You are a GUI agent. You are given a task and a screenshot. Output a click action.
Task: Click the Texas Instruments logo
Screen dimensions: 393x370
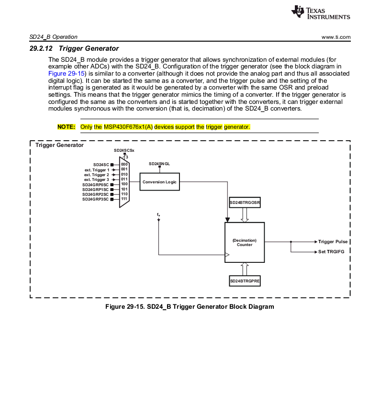320,13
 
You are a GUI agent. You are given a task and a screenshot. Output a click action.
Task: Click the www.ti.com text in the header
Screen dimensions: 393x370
336,37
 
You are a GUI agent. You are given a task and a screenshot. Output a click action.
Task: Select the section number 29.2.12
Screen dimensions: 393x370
42,48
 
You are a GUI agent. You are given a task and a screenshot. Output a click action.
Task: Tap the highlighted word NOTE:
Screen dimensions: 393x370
66,127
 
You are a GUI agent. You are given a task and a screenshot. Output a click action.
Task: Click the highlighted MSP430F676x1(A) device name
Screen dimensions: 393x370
128,127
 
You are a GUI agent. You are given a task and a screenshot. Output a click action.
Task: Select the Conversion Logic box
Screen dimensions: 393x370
159,182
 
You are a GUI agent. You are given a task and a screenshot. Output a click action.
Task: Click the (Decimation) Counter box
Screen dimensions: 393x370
244,242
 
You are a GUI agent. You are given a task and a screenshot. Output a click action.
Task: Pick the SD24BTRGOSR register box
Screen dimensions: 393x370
245,203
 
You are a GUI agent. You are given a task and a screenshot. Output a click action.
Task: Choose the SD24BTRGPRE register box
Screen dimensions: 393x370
245,281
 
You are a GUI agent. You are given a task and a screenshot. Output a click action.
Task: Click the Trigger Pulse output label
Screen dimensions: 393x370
333,242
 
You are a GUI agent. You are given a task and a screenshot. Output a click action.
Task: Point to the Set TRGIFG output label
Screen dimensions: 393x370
332,251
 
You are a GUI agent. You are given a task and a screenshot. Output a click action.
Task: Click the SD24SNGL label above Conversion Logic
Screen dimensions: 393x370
159,164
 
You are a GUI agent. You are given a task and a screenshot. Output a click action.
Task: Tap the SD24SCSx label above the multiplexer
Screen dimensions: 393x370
124,150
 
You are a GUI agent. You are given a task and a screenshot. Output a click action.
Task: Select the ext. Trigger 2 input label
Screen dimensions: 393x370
97,175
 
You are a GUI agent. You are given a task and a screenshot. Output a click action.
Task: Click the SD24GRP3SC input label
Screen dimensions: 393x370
96,199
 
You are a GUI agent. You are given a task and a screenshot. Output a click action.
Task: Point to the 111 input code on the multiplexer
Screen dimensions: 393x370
124,199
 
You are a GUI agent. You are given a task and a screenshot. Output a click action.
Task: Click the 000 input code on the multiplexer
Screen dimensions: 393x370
124,165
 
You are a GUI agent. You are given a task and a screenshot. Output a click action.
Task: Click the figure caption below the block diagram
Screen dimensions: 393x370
190,306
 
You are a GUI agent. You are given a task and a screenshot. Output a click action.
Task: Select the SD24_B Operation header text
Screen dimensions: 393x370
53,37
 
